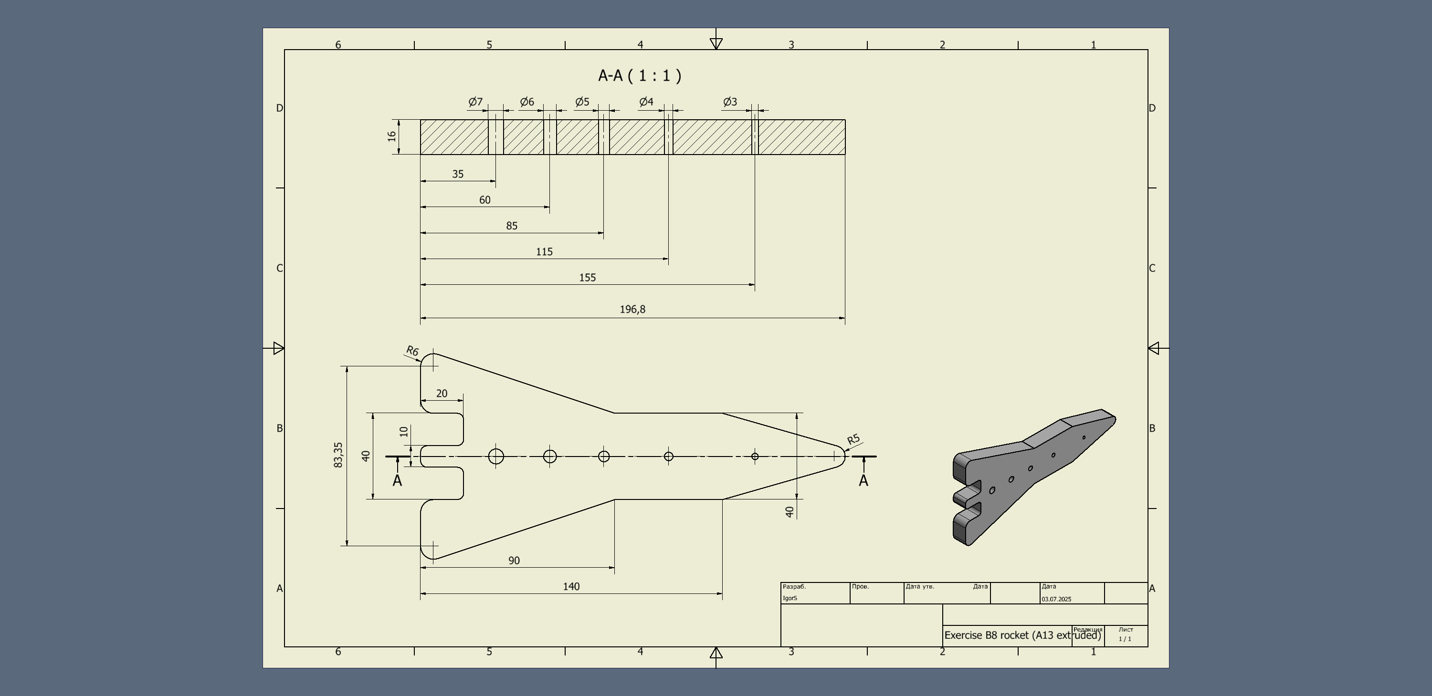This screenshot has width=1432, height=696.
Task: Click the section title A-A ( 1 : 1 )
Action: [x=639, y=75]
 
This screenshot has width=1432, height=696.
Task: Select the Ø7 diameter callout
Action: [x=475, y=102]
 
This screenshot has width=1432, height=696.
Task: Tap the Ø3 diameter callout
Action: [x=730, y=102]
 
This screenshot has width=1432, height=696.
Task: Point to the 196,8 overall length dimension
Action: [x=632, y=310]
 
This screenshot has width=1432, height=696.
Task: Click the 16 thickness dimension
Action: [x=392, y=136]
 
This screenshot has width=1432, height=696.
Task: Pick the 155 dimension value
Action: [x=587, y=278]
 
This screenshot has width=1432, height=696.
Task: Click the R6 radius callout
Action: [x=412, y=351]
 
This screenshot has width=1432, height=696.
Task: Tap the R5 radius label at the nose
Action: [x=853, y=439]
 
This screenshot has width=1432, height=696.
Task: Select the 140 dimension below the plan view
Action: [x=571, y=587]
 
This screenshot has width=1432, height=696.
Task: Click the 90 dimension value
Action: [x=514, y=561]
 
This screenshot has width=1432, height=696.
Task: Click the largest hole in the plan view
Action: [x=496, y=457]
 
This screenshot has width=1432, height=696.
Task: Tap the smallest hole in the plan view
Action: [x=754, y=457]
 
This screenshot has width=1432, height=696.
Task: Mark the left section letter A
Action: [x=397, y=481]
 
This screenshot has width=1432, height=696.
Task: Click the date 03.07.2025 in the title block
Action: [x=1056, y=599]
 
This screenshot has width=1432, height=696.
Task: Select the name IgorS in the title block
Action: [x=790, y=598]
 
